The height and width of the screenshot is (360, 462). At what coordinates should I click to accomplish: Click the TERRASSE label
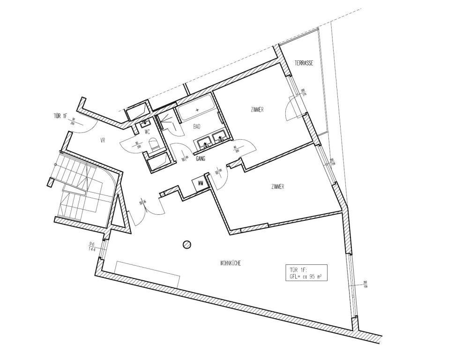304,63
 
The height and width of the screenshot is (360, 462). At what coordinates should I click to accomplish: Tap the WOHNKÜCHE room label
230,263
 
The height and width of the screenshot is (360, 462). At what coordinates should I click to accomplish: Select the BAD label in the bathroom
197,127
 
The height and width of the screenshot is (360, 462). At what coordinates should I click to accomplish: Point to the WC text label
147,132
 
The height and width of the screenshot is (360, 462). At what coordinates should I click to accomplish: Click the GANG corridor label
201,159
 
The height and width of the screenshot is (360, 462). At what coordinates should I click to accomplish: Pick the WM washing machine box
201,183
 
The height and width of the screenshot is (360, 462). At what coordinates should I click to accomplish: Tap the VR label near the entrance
103,140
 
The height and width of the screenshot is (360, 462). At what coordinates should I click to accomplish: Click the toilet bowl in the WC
154,146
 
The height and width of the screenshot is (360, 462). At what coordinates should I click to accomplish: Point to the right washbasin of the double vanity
220,137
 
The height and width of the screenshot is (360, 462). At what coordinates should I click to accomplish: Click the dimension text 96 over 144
92,247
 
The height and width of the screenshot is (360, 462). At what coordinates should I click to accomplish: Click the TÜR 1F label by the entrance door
61,116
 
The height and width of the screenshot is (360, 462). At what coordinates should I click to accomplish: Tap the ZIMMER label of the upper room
257,110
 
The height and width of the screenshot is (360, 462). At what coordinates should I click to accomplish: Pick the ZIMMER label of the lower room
277,187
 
